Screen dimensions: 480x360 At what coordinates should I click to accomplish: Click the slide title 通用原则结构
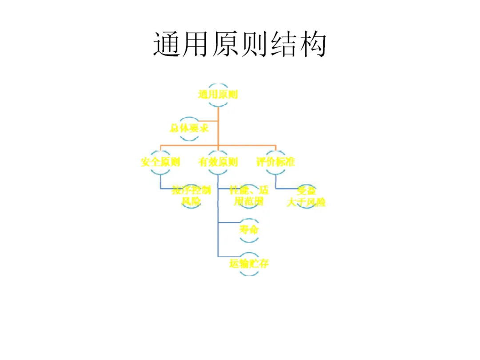[240, 44]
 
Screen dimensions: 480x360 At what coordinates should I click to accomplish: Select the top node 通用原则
[218, 94]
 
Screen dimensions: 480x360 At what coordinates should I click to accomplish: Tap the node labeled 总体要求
[189, 128]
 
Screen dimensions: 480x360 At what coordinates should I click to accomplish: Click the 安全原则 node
[160, 162]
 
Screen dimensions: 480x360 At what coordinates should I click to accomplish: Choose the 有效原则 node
[218, 162]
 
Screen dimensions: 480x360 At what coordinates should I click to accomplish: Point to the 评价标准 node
[276, 162]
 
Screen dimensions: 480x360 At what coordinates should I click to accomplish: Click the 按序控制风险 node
[191, 196]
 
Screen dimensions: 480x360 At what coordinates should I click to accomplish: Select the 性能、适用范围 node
[249, 196]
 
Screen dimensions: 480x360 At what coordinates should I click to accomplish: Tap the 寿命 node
[249, 230]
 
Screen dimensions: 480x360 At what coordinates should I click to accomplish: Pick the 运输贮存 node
[249, 264]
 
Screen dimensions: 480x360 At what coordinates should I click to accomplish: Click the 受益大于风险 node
[306, 197]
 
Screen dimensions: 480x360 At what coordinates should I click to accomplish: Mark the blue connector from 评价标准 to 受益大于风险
[287, 189]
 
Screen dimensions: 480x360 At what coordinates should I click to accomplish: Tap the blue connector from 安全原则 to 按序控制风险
[167, 189]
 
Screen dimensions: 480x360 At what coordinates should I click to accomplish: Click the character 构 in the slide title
[312, 44]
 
